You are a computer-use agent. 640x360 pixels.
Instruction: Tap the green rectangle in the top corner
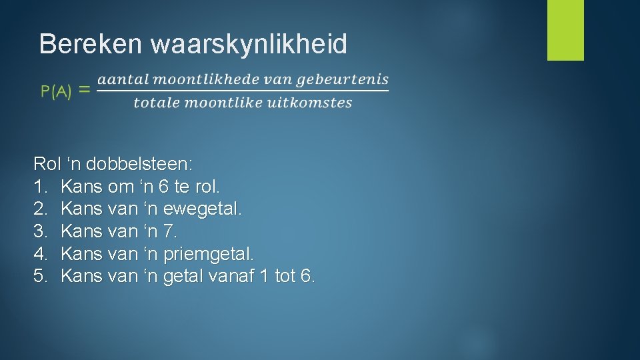tap(565, 30)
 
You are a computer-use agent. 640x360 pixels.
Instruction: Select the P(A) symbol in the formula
tap(57, 92)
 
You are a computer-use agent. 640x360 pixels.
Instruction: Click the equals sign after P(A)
tap(85, 91)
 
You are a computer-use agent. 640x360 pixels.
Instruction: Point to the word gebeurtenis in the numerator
tap(342, 80)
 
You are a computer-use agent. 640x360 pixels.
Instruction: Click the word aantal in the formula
tap(120, 79)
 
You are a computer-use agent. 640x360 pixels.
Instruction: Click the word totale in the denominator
tap(155, 103)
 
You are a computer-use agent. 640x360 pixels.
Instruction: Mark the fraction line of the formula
tap(243, 91)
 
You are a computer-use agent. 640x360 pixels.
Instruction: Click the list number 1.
tap(39, 187)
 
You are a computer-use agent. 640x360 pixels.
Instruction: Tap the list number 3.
tap(39, 231)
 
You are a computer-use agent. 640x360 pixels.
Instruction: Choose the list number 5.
tap(39, 275)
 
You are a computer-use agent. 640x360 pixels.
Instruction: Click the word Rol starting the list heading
tap(47, 164)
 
